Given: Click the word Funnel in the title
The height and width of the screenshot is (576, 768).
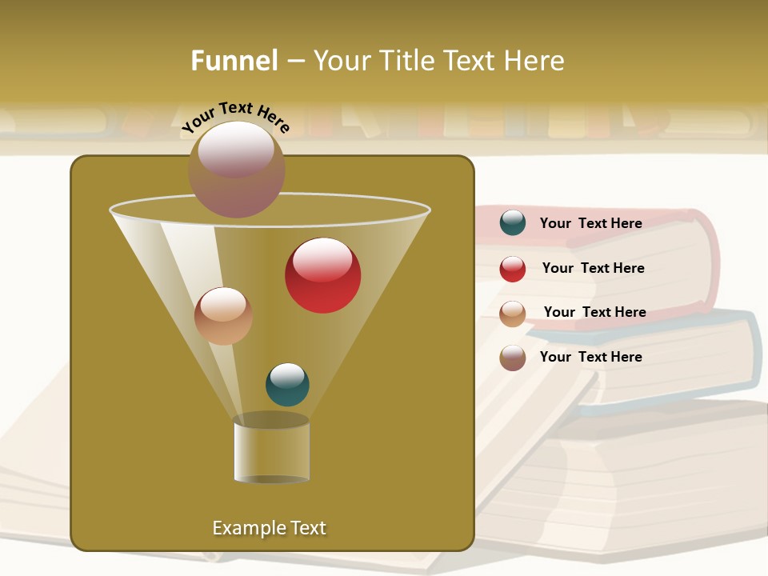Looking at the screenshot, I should pyautogui.click(x=234, y=61).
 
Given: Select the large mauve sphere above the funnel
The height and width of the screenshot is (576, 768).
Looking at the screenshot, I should pyautogui.click(x=236, y=170).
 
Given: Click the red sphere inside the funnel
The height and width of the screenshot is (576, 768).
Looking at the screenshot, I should pyautogui.click(x=322, y=275).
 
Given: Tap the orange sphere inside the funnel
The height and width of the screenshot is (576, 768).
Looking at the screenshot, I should pyautogui.click(x=223, y=316).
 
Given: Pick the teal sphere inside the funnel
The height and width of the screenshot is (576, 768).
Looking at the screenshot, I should pyautogui.click(x=287, y=384).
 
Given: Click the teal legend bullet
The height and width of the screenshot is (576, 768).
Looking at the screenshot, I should pyautogui.click(x=512, y=223).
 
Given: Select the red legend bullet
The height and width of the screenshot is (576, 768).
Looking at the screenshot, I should pyautogui.click(x=512, y=269).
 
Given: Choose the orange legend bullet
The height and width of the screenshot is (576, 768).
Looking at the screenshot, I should pyautogui.click(x=512, y=314).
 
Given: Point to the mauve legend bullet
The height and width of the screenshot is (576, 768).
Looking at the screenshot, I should pyautogui.click(x=512, y=358).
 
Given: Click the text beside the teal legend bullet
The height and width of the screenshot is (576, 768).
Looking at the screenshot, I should pyautogui.click(x=590, y=223).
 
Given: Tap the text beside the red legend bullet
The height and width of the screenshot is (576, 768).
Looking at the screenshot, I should pyautogui.click(x=593, y=268).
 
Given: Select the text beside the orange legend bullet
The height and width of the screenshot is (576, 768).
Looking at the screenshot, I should pyautogui.click(x=594, y=312).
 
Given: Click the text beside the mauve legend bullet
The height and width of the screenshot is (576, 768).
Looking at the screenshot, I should pyautogui.click(x=590, y=357).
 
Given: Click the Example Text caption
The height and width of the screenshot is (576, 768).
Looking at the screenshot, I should pyautogui.click(x=269, y=528).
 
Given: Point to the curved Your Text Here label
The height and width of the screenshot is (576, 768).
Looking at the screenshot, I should pyautogui.click(x=236, y=117).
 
